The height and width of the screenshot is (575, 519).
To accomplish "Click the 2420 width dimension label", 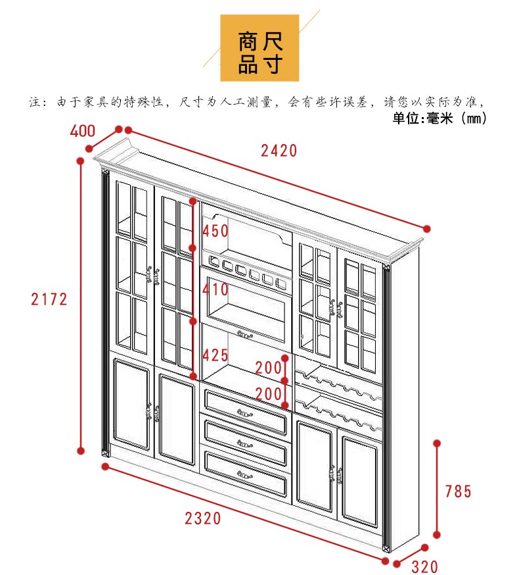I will tap(279, 151).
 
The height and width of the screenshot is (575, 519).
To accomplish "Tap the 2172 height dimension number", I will tap(49, 299).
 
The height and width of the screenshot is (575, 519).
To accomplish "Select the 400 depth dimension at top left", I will tap(82, 131).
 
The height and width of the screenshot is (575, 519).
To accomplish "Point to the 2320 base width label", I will tap(203, 518).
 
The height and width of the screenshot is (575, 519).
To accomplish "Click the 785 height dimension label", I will tap(458, 491).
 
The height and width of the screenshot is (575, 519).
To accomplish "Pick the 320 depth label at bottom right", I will tap(424, 566).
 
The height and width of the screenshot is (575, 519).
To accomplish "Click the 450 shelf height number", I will tap(215, 231).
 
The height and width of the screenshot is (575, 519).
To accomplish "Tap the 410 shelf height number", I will tap(215, 289).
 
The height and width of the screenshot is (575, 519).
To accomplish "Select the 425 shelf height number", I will tap(215, 356).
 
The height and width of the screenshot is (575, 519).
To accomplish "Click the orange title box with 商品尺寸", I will tap(259, 47).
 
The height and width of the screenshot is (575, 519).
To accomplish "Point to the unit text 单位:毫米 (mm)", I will tap(439, 119).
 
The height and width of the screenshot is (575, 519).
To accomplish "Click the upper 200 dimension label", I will tap(268, 367).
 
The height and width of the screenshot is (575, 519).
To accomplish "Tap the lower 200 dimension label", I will tap(268, 394).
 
